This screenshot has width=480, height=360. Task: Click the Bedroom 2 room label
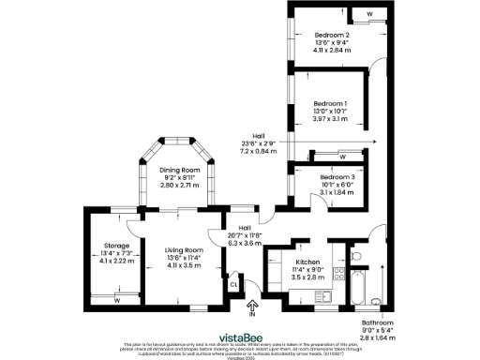[332, 35]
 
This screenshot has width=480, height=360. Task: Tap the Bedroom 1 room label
[330, 103]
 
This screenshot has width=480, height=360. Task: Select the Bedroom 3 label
[337, 177]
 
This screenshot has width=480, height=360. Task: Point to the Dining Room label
[175, 170]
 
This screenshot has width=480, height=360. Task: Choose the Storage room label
[117, 246]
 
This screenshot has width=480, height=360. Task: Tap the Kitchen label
[308, 262]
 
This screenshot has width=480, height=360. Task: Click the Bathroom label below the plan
[378, 322]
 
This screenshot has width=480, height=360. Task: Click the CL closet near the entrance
[233, 287]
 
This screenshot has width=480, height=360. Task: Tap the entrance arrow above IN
[251, 305]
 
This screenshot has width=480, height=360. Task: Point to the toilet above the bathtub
[355, 255]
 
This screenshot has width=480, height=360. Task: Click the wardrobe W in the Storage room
[116, 300]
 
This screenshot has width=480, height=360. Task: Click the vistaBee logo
[239, 336]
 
